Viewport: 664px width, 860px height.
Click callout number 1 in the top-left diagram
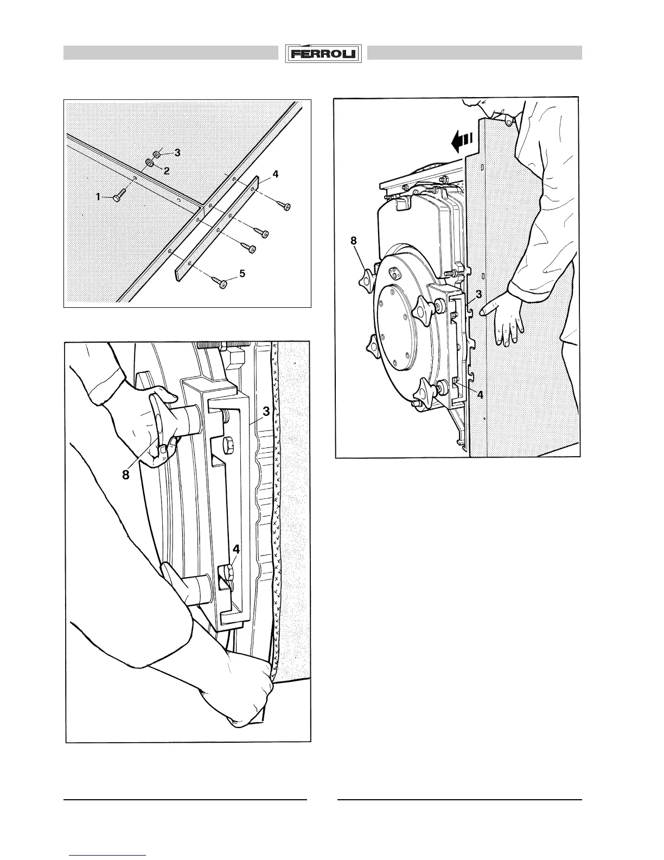pyautogui.click(x=98, y=197)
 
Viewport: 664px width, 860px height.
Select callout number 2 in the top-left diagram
pyautogui.click(x=167, y=170)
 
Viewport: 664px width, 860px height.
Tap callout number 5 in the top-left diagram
pyautogui.click(x=242, y=273)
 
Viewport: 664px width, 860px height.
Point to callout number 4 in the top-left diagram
pyautogui.click(x=276, y=174)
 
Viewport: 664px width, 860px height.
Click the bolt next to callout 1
pyautogui.click(x=119, y=195)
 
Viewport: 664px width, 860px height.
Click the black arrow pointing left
pyautogui.click(x=462, y=144)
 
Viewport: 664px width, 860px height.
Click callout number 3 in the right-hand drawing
pyautogui.click(x=479, y=294)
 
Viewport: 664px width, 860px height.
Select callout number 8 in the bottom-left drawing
pyautogui.click(x=126, y=475)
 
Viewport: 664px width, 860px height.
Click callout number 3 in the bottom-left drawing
pyautogui.click(x=266, y=412)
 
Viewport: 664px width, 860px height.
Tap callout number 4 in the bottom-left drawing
pyautogui.click(x=237, y=549)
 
